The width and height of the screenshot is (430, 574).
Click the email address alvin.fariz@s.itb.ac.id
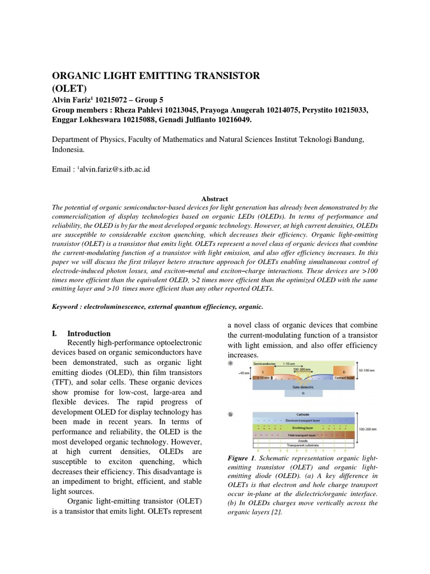pos(114,169)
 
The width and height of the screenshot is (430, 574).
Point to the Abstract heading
pos(215,198)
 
